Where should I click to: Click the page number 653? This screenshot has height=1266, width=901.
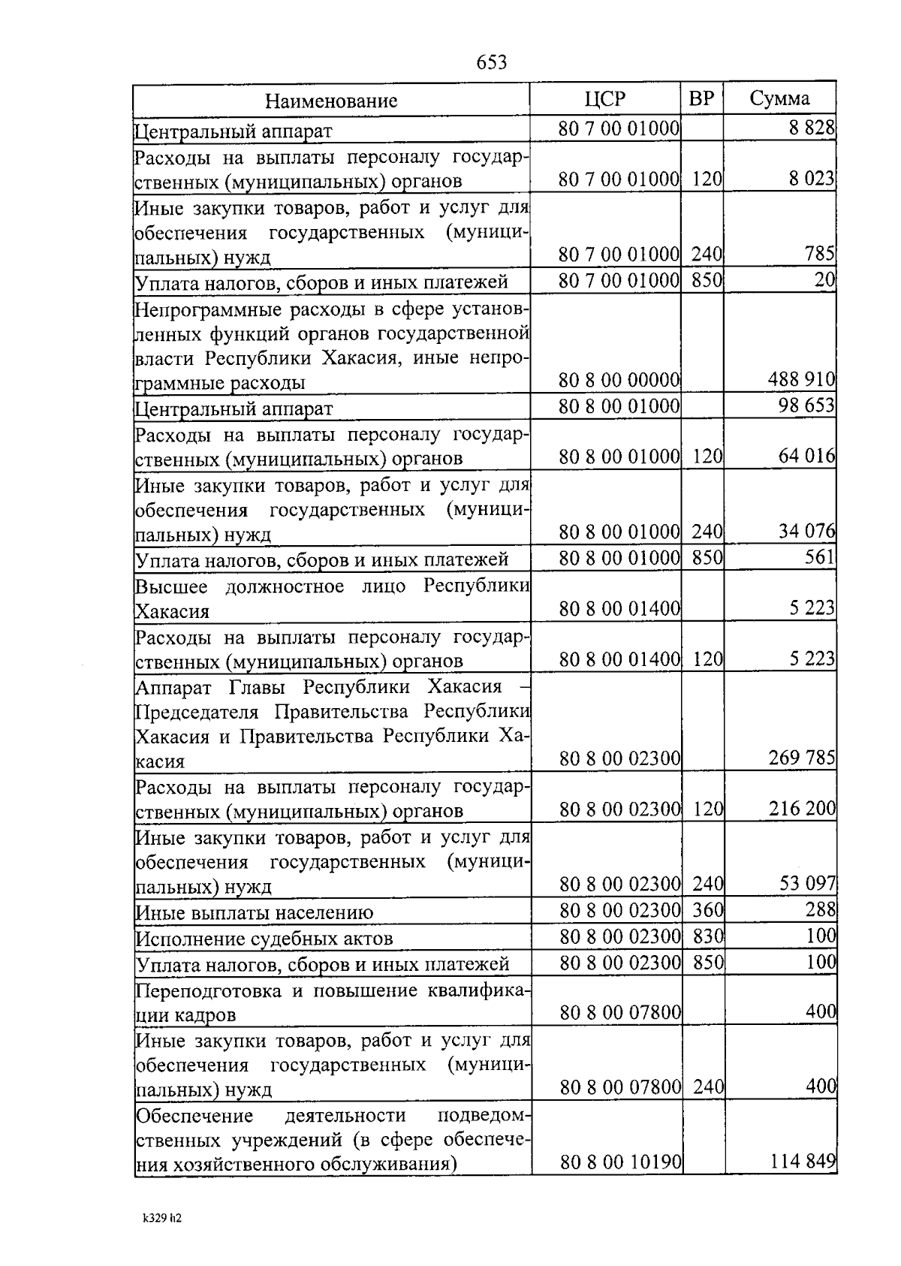click(x=492, y=62)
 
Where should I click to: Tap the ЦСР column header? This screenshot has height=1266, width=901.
click(x=604, y=99)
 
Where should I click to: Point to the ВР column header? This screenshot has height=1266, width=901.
click(x=701, y=98)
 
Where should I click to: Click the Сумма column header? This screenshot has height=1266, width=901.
click(x=779, y=98)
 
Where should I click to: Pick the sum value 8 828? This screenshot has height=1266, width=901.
click(x=812, y=128)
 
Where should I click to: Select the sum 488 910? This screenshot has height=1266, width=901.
click(x=801, y=381)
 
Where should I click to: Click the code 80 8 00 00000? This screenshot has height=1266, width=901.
click(x=619, y=381)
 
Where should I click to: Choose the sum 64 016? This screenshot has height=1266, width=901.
click(x=806, y=457)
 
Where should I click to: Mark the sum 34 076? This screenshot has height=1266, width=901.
click(x=806, y=532)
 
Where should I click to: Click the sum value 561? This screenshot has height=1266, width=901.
click(x=819, y=558)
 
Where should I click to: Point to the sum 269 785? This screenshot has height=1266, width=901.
click(x=801, y=758)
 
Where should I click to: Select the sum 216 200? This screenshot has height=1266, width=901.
click(x=801, y=809)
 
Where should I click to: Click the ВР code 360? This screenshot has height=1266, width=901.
click(x=708, y=910)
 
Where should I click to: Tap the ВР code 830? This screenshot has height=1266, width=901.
click(x=708, y=936)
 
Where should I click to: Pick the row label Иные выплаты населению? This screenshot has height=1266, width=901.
click(x=255, y=913)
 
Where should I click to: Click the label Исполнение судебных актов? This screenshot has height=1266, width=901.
click(x=264, y=939)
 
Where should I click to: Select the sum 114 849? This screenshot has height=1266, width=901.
click(x=803, y=1162)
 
